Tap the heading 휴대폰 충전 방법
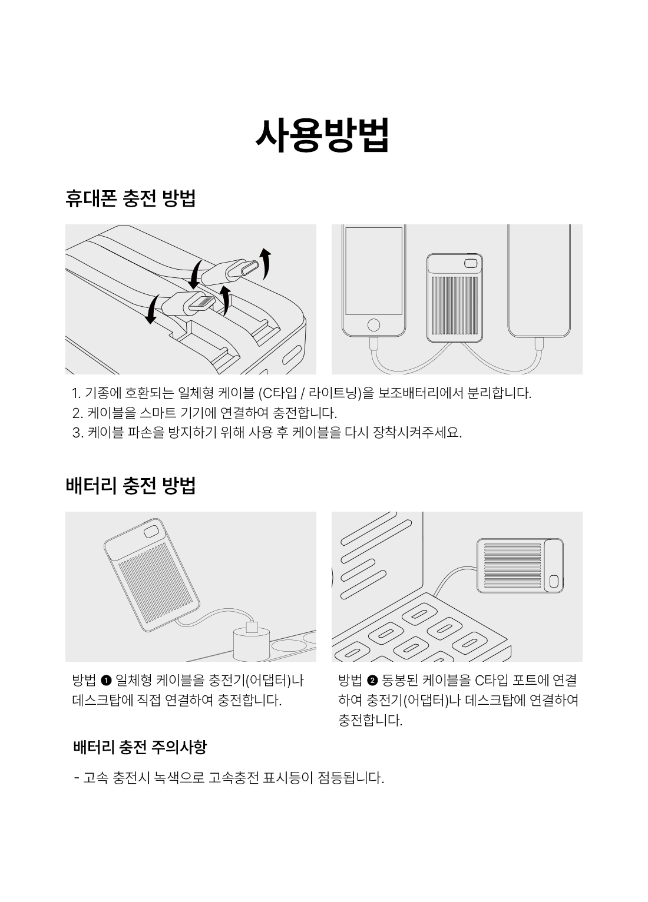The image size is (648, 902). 131,198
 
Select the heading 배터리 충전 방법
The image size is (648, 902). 131,485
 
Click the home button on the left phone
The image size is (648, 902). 373,324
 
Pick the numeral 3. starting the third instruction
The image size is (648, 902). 77,433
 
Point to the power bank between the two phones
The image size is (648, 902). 455,297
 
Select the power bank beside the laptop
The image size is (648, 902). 520,566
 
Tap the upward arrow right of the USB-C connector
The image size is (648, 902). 265,264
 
